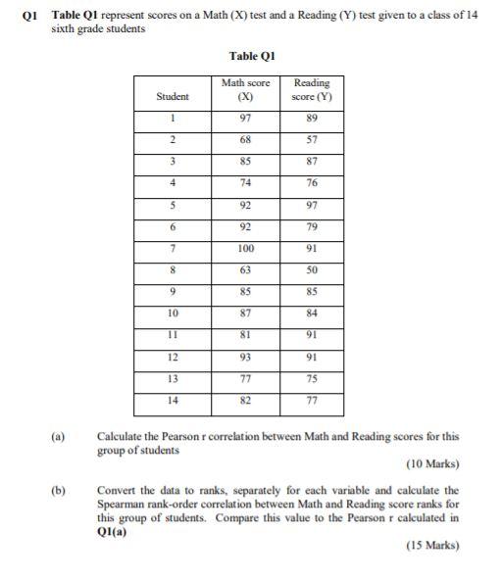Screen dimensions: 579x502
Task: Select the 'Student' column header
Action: [173, 96]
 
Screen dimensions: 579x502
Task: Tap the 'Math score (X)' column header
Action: [246, 90]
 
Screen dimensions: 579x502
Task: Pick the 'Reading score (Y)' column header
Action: [312, 90]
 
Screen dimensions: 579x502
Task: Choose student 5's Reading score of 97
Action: [312, 206]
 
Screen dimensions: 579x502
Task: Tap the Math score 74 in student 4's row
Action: [246, 182]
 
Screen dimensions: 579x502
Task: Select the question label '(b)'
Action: [64, 487]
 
